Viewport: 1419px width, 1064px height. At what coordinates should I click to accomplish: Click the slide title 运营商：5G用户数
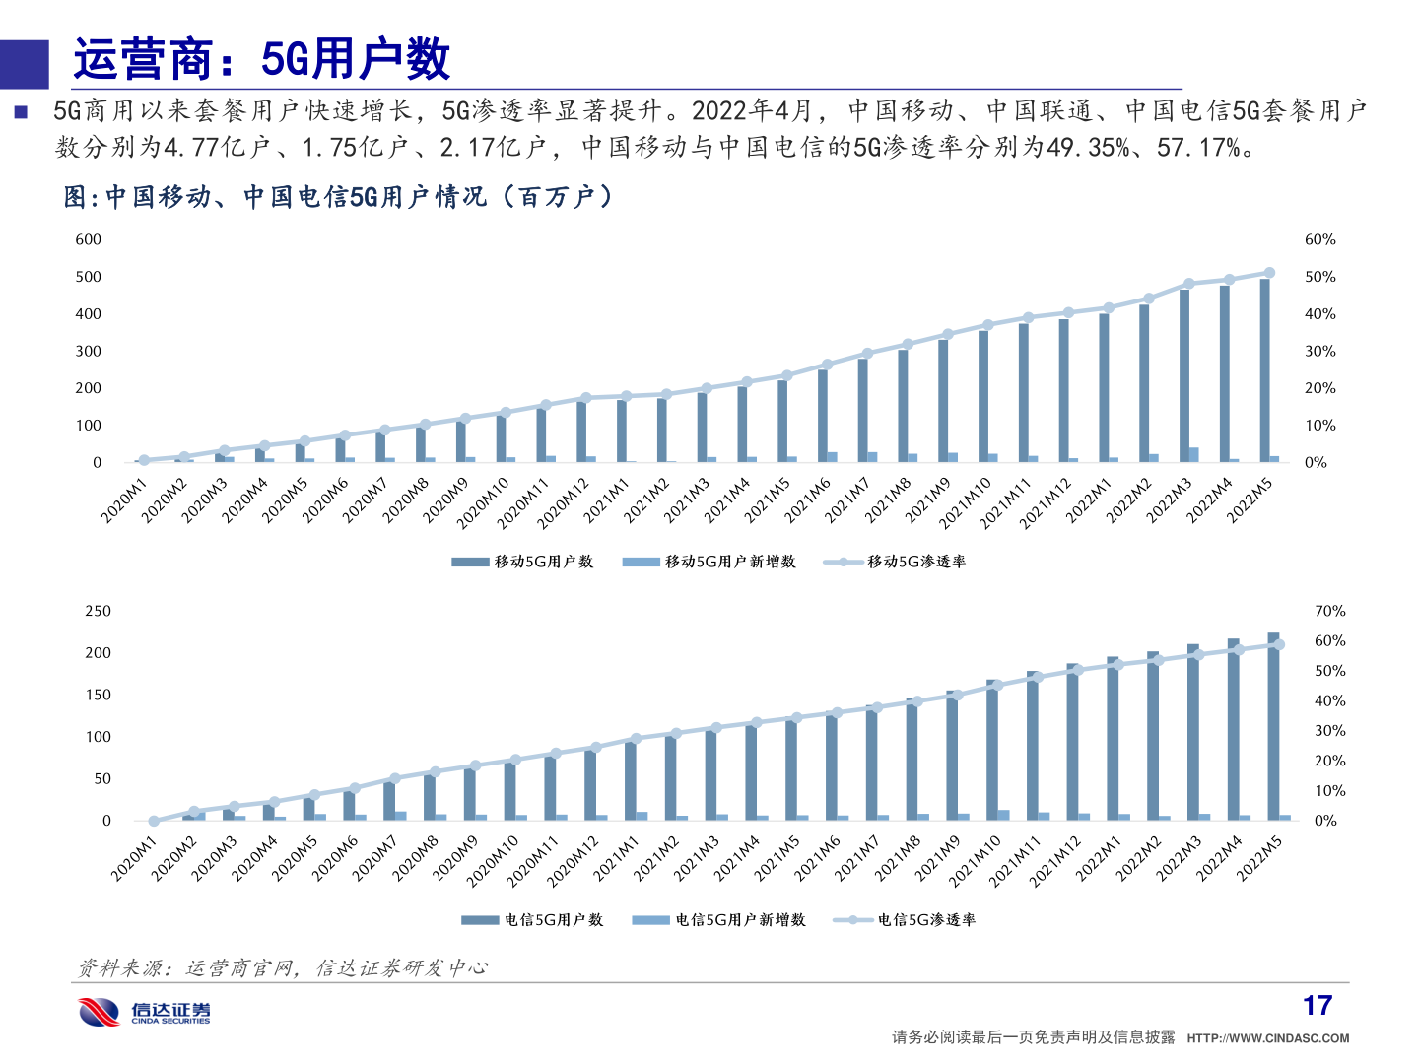tap(261, 60)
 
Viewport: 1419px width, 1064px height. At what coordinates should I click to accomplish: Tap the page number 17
tap(1317, 1006)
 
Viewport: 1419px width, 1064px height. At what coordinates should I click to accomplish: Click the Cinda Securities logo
tap(145, 1012)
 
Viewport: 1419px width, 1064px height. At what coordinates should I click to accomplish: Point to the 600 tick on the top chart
tap(89, 240)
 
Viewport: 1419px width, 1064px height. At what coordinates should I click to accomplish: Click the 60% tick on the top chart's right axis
tap(1320, 240)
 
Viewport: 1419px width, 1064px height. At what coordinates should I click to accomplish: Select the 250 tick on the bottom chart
tap(99, 612)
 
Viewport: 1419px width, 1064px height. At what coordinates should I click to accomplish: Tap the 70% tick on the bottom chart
tap(1329, 612)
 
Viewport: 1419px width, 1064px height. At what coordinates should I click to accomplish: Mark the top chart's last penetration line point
tap(1269, 273)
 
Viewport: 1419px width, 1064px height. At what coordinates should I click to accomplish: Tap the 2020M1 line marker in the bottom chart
tap(154, 821)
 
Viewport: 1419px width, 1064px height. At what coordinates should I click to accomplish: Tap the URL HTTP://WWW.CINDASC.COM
tap(1268, 1038)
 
